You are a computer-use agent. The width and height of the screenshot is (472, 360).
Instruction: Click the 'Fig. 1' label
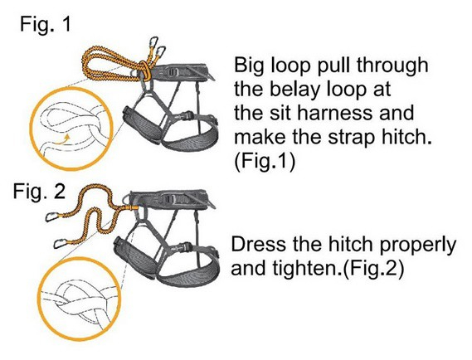45,24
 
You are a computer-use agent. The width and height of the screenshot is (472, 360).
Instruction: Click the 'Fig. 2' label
39,191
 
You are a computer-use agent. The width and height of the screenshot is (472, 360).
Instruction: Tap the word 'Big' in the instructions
250,66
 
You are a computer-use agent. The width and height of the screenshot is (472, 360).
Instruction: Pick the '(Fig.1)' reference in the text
265,162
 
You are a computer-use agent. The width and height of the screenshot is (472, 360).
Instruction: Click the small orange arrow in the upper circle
62,139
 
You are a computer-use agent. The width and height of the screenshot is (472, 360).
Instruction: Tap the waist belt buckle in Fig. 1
173,71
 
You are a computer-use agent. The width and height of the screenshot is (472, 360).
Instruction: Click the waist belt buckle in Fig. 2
169,198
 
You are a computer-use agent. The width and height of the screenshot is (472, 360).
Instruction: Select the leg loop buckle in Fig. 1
187,115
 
